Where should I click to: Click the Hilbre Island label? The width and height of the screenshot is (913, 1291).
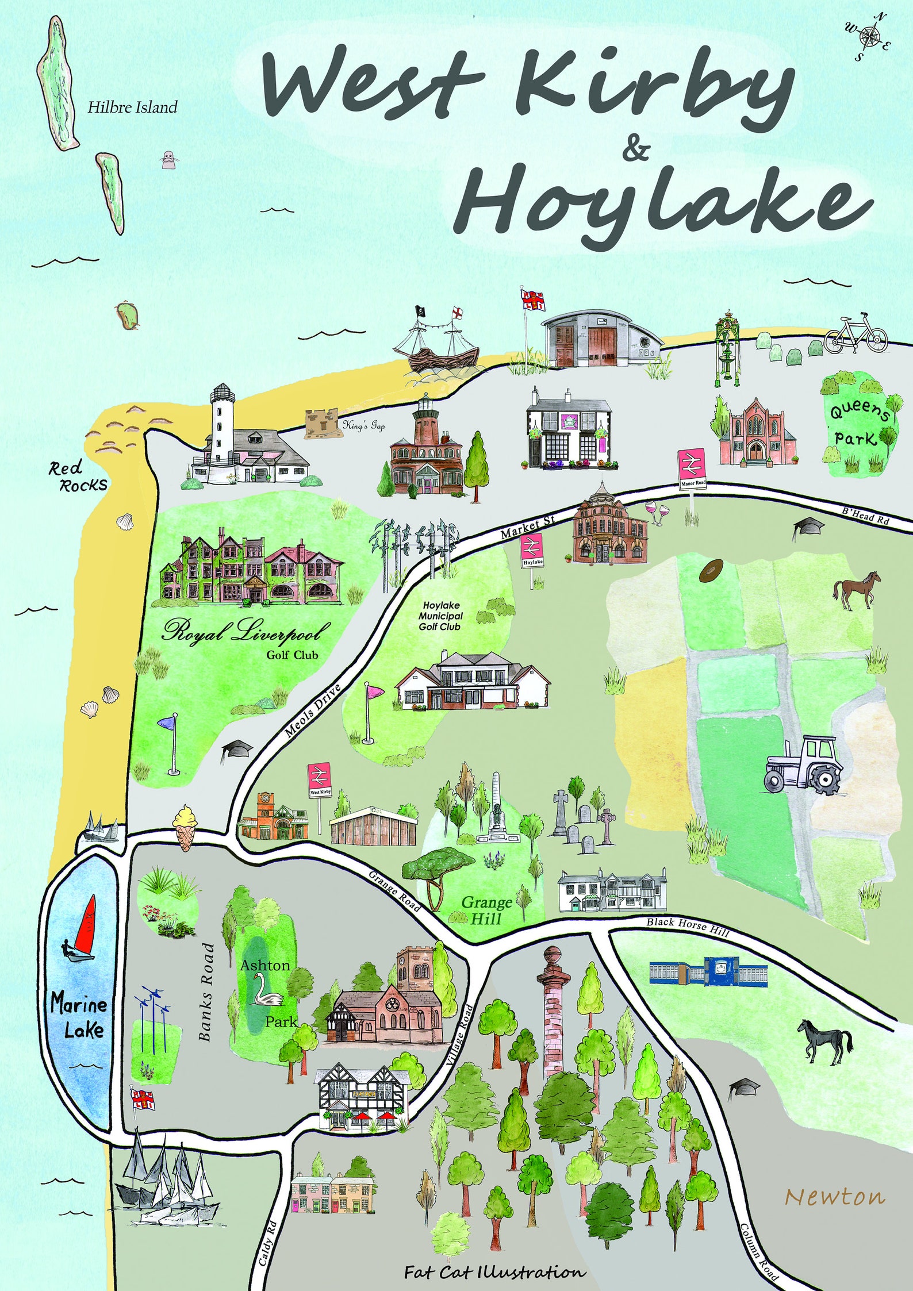[x=132, y=107]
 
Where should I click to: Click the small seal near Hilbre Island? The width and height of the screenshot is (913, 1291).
[x=168, y=159]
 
